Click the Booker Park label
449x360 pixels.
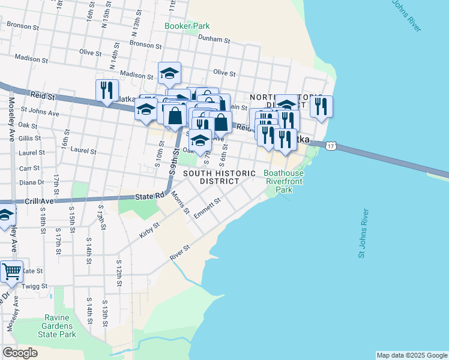coord(187,26)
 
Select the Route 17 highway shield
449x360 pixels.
coord(330,146)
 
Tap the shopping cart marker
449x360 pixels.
coord(11,271)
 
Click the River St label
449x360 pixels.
coord(180,251)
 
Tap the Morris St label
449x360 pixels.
coord(180,203)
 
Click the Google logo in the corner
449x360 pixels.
coord(20,353)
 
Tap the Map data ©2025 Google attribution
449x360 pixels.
coord(411,355)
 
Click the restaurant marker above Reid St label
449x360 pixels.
coord(106,91)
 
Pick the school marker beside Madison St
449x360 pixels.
coord(169,73)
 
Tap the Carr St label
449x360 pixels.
coord(29,169)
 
